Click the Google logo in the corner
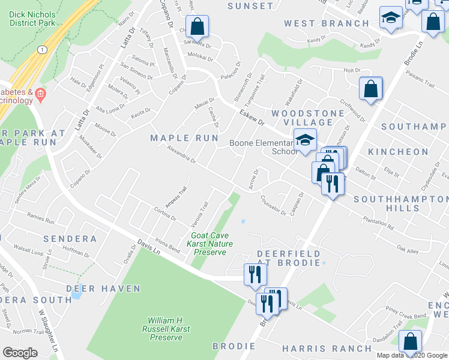pyautogui.click(x=20, y=353)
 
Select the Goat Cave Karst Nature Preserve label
pyautogui.click(x=209, y=244)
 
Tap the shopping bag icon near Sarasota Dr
pyautogui.click(x=197, y=26)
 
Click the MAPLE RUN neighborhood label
pyautogui.click(x=184, y=138)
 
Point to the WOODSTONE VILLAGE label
pyautogui.click(x=309, y=118)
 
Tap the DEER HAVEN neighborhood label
pyautogui.click(x=103, y=289)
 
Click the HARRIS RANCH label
pyautogui.click(x=327, y=348)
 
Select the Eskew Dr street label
pyautogui.click(x=252, y=116)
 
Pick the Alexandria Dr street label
pyautogui.click(x=181, y=156)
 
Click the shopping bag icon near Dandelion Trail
pyautogui.click(x=410, y=342)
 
